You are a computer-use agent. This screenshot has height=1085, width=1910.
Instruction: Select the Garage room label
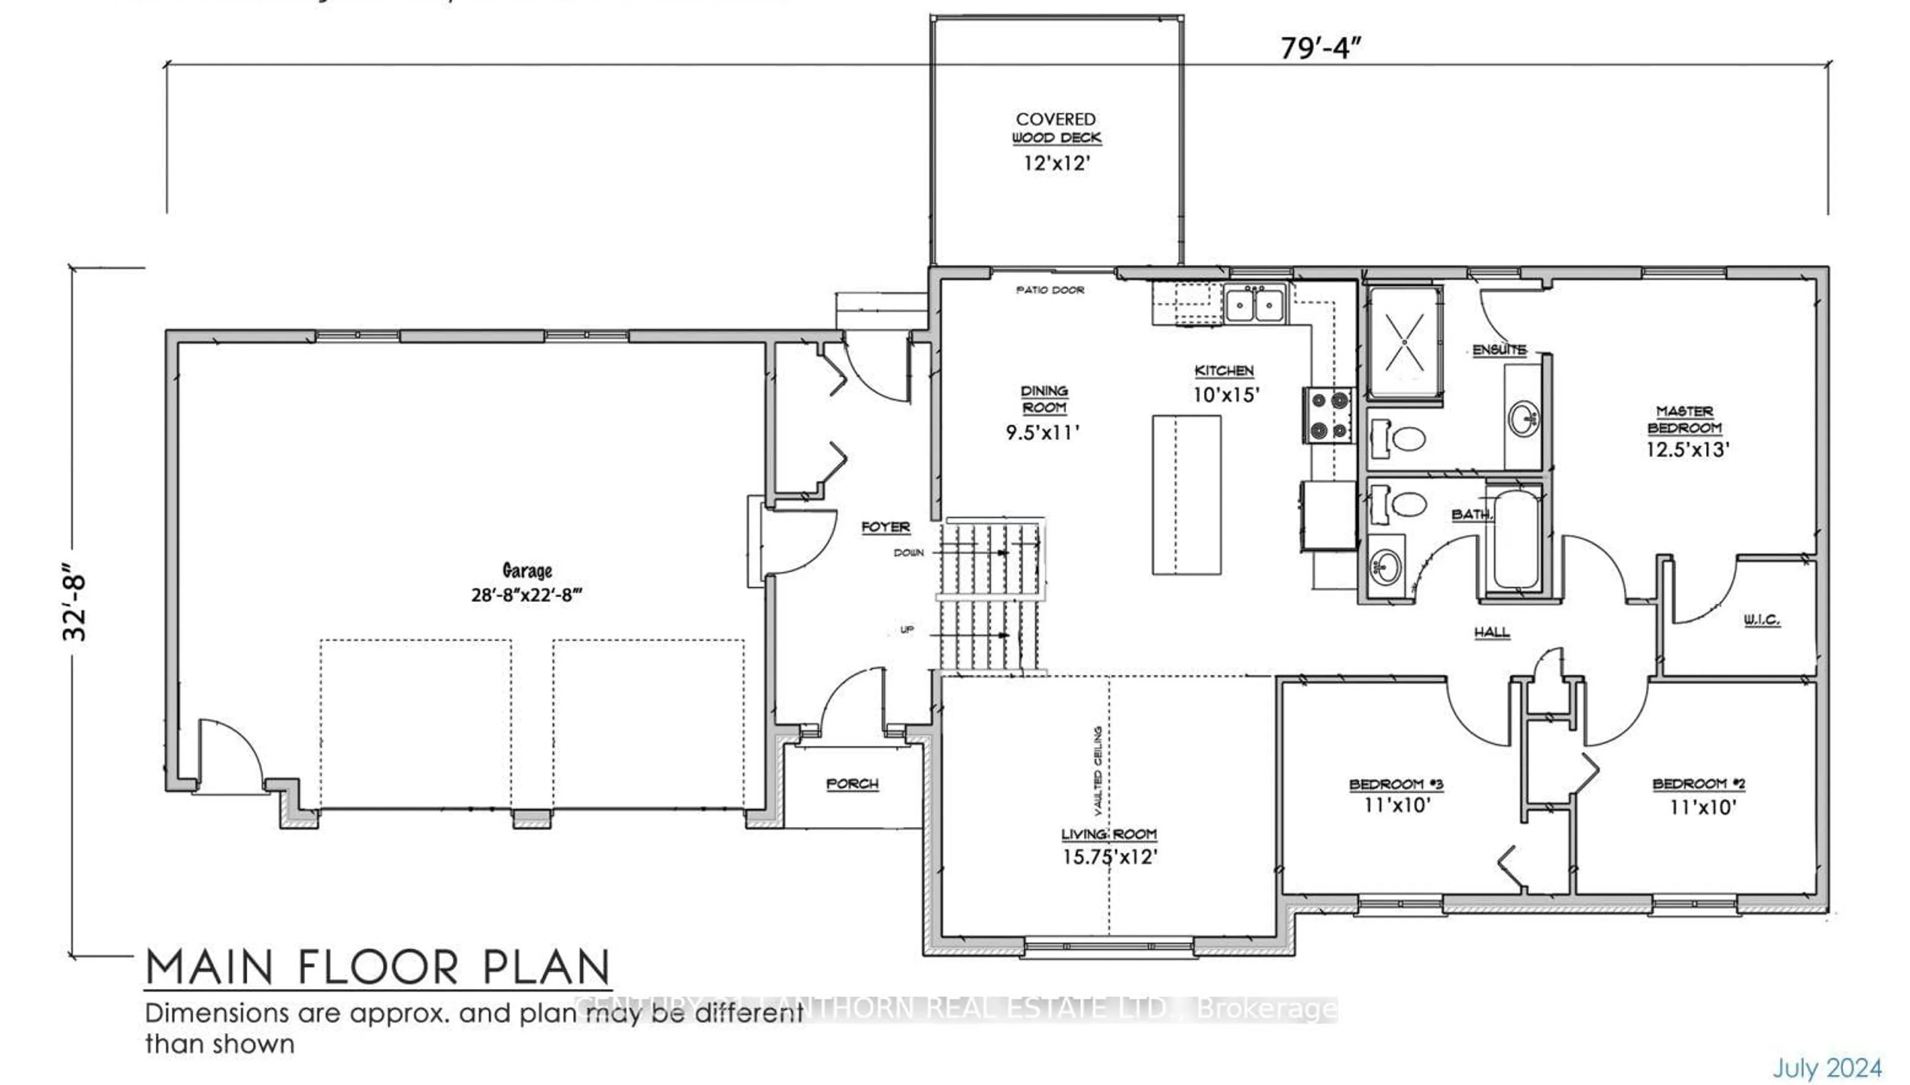[527, 571]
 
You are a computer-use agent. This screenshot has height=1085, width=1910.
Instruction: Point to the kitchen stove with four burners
[1329, 415]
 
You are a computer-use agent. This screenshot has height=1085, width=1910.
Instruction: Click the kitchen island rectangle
[1186, 495]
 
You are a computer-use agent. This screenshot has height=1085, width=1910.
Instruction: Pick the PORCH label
[852, 784]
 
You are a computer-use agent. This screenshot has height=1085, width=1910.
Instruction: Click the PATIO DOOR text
[1050, 290]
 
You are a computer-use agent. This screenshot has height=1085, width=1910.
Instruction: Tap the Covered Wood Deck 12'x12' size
[1056, 163]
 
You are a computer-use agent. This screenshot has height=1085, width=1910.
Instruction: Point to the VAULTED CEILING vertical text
[1098, 771]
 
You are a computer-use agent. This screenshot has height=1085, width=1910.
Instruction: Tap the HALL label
[1492, 633]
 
